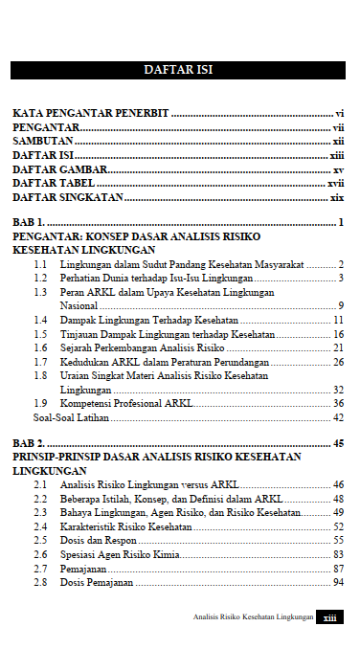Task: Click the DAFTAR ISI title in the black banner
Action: [179, 70]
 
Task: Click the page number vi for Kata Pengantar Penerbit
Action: [339, 113]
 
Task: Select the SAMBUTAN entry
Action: [41, 141]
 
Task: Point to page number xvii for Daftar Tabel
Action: [335, 184]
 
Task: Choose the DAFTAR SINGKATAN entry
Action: [68, 198]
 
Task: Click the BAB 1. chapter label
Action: [31, 223]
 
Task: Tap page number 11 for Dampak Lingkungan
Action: [338, 320]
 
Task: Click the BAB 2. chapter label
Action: [31, 444]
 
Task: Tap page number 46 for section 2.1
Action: [338, 485]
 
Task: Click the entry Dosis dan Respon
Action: [96, 541]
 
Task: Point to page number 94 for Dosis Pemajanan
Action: [338, 582]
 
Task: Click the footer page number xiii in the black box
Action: [330, 617]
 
